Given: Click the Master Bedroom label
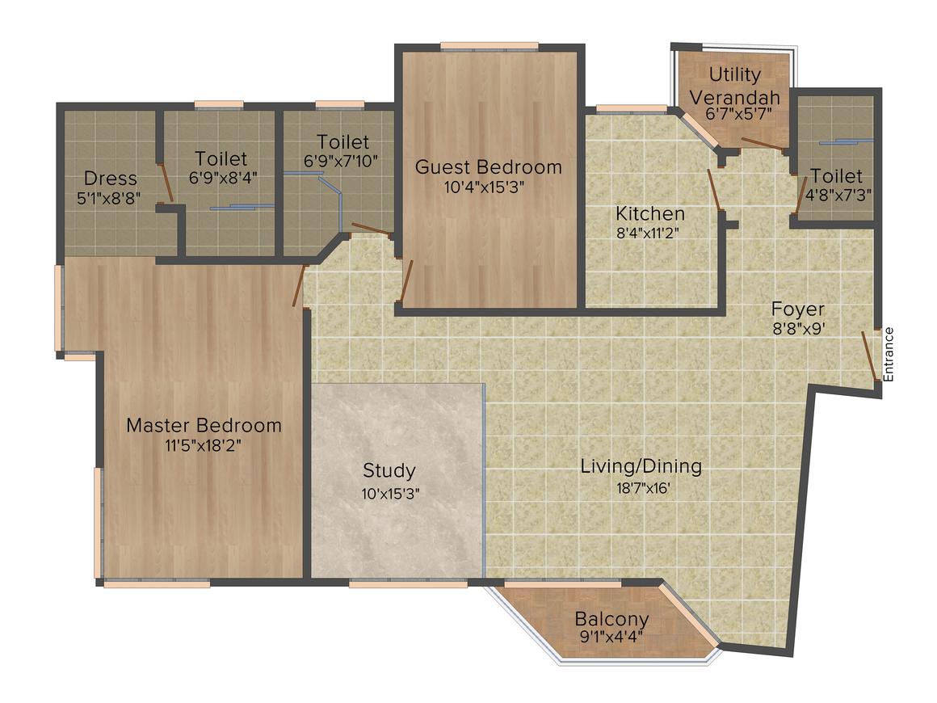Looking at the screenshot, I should [x=204, y=425].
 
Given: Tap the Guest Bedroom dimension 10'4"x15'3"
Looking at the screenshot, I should [x=488, y=186].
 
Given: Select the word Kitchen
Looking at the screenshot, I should [x=650, y=214].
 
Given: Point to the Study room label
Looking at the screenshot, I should [x=389, y=470].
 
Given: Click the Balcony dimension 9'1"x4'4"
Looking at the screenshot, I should [x=611, y=637].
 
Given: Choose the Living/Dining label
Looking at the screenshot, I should [x=641, y=466].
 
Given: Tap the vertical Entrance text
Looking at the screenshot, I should [x=889, y=354].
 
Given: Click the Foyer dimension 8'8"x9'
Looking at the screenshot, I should [x=797, y=328].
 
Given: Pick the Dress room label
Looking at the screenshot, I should [x=111, y=179].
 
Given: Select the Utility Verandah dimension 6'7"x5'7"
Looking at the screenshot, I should [x=735, y=116].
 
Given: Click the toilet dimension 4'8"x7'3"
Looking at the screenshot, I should [x=837, y=194].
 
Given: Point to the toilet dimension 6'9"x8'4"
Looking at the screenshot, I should [x=221, y=177].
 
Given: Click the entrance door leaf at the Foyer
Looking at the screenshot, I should [x=869, y=356].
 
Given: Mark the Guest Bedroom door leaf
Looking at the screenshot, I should [x=407, y=279].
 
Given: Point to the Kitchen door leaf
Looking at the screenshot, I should [x=714, y=191].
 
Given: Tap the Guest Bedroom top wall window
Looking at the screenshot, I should [x=490, y=45].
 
